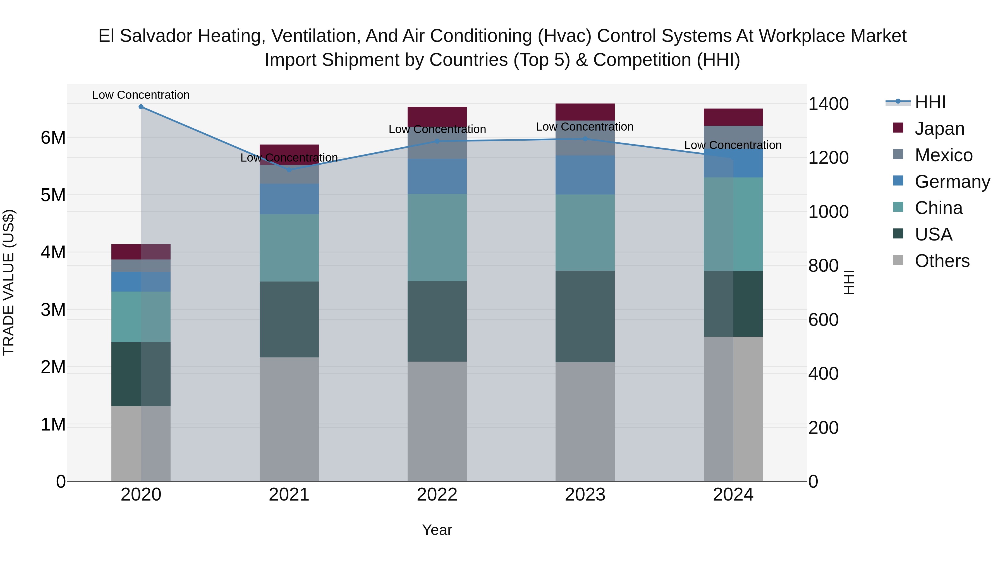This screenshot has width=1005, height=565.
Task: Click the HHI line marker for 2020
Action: click(141, 107)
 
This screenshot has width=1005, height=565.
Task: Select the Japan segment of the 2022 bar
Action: click(437, 116)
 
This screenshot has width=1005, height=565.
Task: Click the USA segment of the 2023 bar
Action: click(585, 316)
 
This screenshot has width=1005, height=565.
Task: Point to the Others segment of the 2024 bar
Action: click(733, 409)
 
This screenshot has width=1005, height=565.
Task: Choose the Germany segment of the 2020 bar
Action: click(141, 282)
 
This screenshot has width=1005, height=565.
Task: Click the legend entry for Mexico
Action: click(943, 155)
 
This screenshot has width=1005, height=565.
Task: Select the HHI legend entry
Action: click(930, 102)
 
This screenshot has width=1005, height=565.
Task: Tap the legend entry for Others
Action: click(942, 261)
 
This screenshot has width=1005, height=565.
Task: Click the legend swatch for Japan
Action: click(898, 128)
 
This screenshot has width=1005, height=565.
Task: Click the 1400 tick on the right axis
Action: click(828, 104)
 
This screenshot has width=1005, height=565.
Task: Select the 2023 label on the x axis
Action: click(585, 495)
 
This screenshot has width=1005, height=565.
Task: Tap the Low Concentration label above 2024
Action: click(733, 145)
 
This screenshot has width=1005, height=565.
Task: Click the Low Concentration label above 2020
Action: click(141, 95)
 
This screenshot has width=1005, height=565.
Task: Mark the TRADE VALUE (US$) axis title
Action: click(9, 282)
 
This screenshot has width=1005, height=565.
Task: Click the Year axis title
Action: click(437, 530)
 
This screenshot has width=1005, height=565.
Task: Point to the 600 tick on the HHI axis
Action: click(823, 320)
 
